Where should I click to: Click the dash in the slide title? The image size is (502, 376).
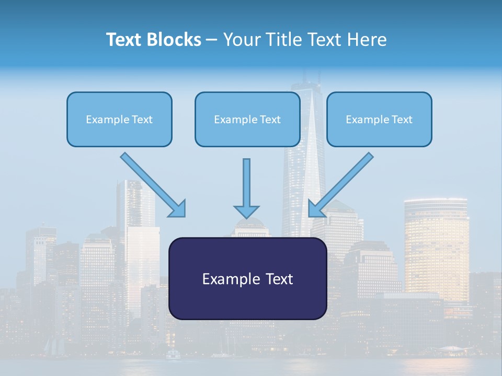[212, 40]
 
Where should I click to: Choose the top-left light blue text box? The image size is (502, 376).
[119, 119]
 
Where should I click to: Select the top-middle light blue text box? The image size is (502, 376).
[247, 119]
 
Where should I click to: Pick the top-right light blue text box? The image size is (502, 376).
[379, 119]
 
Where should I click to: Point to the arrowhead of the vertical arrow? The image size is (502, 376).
[246, 211]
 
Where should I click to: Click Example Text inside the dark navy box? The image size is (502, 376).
[247, 279]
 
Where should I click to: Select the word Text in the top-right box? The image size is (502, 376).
[402, 119]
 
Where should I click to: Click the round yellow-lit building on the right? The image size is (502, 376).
[436, 245]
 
